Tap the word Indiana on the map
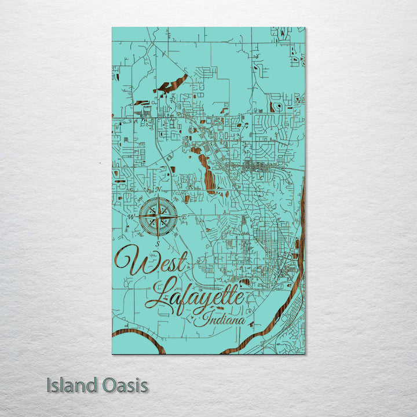coord(222,318)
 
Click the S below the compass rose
coord(157,244)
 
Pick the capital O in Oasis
coord(110,385)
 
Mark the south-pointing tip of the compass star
coord(158,237)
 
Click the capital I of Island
coord(49,385)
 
